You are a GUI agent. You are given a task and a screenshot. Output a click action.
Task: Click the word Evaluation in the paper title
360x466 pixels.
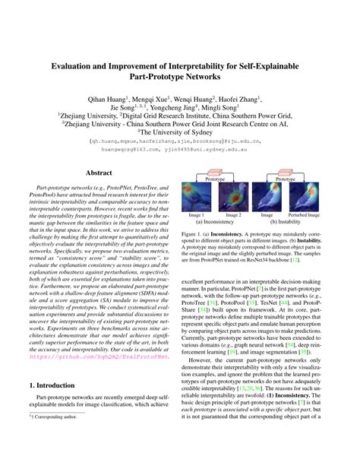[x=75, y=66]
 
